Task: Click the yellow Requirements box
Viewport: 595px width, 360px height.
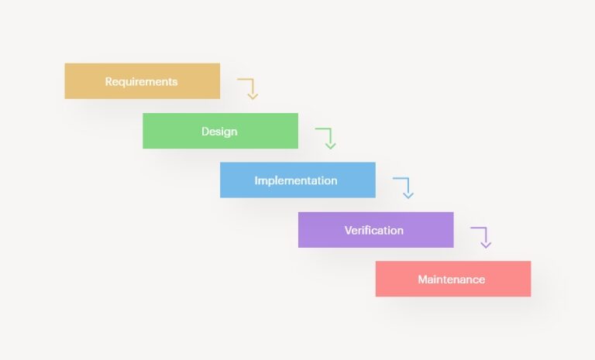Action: pos(143,81)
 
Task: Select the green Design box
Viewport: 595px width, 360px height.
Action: pos(221,131)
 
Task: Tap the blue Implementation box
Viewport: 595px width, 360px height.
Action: pos(297,180)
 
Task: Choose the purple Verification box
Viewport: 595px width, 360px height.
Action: pos(376,230)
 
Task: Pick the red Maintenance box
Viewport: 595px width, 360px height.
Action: pos(453,279)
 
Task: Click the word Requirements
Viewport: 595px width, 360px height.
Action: pos(141,82)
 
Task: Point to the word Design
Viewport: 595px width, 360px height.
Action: pos(219,132)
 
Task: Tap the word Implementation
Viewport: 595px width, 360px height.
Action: pos(296,180)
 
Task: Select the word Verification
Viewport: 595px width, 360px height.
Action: pos(373,230)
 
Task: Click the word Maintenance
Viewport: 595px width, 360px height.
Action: pos(451,279)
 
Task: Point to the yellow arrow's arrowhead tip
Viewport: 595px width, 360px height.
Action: pos(253,99)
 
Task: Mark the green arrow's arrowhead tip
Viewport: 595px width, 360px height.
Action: pos(331,149)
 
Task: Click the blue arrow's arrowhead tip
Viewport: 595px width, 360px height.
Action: pos(408,198)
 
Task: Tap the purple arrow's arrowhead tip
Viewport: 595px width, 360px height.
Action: pos(486,248)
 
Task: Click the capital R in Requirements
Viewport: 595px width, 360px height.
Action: pos(108,81)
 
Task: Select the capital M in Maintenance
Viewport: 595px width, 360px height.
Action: pos(423,279)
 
